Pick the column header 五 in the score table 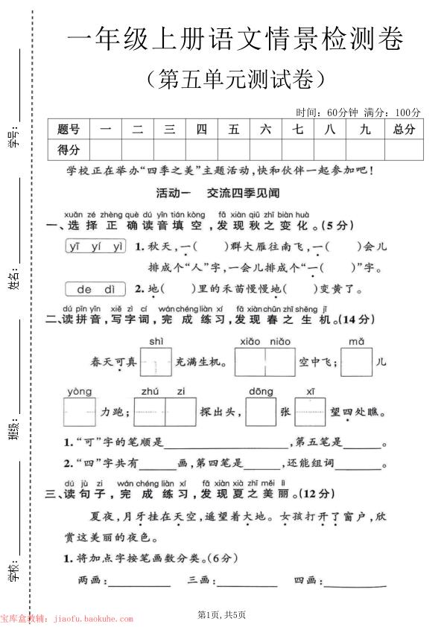pos(234,129)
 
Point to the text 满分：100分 pos(392,112)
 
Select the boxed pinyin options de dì pos(95,289)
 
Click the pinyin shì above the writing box pos(156,341)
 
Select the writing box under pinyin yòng pos(79,411)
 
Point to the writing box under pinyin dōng pos(261,411)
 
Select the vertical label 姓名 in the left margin pos(13,281)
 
